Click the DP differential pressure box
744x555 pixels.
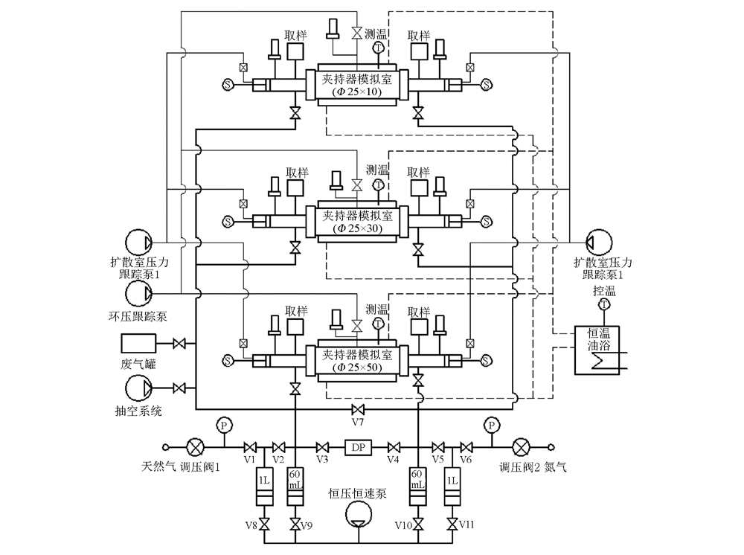click(359, 447)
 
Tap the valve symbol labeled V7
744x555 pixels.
click(358, 409)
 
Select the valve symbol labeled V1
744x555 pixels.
click(249, 447)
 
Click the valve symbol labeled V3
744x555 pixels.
click(323, 447)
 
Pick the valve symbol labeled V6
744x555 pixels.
click(466, 447)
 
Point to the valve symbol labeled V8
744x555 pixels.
click(265, 524)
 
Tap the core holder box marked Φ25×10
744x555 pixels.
click(357, 85)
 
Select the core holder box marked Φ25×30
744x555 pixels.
click(357, 222)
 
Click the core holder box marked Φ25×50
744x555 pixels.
click(357, 361)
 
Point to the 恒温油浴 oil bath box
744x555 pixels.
click(597, 350)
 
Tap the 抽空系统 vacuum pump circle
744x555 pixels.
click(138, 388)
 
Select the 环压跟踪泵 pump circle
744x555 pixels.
click(138, 293)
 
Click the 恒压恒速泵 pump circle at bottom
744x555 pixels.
click(359, 515)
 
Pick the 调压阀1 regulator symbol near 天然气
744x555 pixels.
click(195, 447)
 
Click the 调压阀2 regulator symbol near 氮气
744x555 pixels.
click(521, 447)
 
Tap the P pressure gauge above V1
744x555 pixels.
click(223, 425)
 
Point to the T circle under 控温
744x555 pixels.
click(604, 304)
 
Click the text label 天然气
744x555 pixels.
click(158, 466)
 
